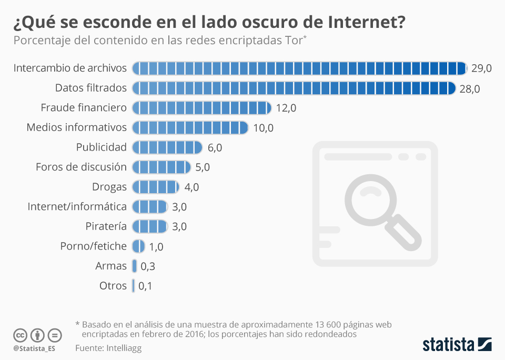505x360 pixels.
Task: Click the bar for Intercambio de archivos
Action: [x=299, y=68]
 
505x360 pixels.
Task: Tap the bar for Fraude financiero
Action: [x=201, y=108]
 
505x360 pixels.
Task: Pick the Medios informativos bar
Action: [x=190, y=128]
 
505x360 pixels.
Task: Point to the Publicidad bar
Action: [x=167, y=147]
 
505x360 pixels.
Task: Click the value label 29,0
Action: [x=482, y=68]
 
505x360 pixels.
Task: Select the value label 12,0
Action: [x=286, y=108]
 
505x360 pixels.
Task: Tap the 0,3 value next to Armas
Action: [x=148, y=267]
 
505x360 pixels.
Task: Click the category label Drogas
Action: [x=109, y=187]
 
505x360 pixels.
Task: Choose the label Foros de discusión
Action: [x=81, y=167]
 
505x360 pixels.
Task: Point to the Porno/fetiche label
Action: [x=93, y=246]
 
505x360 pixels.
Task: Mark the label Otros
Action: [x=113, y=286]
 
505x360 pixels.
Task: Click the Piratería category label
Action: [x=106, y=226]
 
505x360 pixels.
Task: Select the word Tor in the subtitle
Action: [x=293, y=41]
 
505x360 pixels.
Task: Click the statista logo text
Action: [x=448, y=345]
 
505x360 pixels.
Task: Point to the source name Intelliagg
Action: [x=124, y=348]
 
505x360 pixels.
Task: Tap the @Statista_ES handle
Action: [x=34, y=348]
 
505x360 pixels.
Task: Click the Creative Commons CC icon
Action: [x=21, y=335]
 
